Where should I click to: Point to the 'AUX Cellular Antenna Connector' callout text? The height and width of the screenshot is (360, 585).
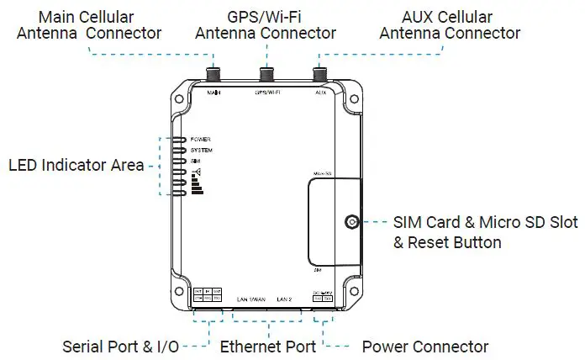(x=450, y=25)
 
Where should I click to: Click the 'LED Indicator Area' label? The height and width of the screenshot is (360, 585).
(x=76, y=165)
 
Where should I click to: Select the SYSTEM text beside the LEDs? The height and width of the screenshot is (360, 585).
(x=202, y=150)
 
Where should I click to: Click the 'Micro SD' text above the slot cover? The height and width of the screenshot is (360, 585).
(x=324, y=172)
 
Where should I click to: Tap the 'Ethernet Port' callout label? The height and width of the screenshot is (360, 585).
(x=268, y=347)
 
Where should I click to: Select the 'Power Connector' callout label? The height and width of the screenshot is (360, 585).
(x=424, y=347)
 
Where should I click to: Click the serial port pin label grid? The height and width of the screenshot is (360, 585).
(x=208, y=295)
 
